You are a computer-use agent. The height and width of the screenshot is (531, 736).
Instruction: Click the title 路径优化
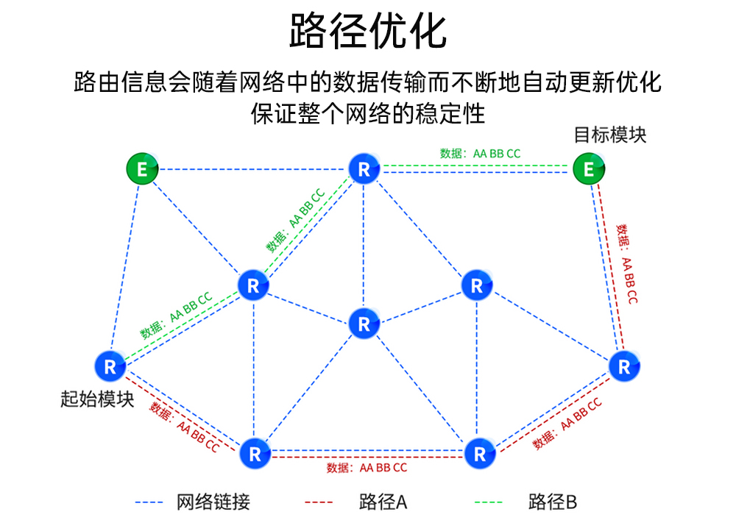(x=368, y=31)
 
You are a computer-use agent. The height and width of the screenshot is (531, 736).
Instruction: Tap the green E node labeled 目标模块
(x=589, y=170)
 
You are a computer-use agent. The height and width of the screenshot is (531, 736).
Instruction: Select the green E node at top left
(x=142, y=170)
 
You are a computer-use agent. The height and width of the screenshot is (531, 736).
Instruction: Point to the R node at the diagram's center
(x=364, y=323)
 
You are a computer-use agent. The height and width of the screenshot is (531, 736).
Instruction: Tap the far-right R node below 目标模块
(x=624, y=366)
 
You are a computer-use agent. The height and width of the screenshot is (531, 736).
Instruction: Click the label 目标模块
(x=609, y=135)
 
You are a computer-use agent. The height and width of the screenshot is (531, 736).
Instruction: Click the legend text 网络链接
(x=213, y=502)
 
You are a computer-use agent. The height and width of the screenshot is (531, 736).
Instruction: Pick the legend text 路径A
(x=383, y=502)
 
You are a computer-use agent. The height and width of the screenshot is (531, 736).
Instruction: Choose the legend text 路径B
(x=553, y=502)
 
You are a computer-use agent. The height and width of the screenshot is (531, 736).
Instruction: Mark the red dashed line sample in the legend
(x=319, y=503)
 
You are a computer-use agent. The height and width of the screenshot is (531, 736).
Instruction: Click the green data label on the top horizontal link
(x=480, y=154)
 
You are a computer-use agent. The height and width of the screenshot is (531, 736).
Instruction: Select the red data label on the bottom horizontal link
(x=367, y=468)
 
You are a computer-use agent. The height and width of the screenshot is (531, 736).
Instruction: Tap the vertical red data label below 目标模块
(x=626, y=264)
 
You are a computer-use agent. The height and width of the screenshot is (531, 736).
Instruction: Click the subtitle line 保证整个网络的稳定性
(x=368, y=114)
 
